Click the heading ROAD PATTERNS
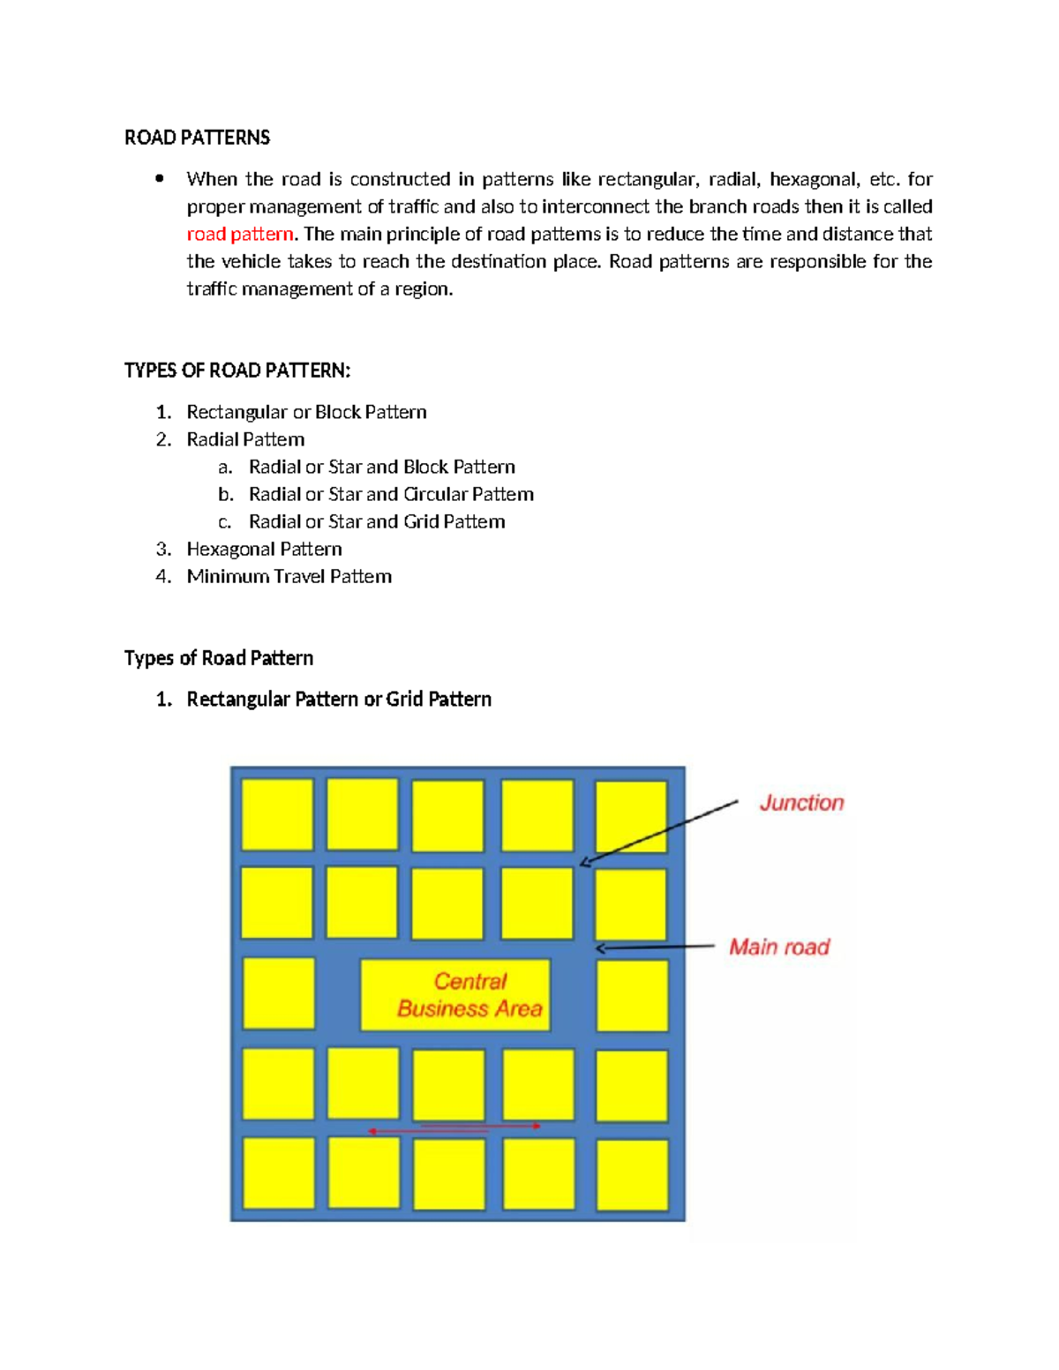point(197,138)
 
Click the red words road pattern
point(239,235)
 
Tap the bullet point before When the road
point(160,179)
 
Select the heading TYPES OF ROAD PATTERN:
point(237,371)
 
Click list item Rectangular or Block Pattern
point(306,412)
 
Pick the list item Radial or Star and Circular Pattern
point(391,494)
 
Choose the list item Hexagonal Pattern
point(264,549)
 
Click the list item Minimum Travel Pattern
point(289,576)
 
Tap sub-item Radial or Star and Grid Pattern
point(377,521)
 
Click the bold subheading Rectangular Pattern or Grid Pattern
point(339,699)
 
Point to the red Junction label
point(801,803)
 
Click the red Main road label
point(779,947)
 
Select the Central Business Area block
point(455,995)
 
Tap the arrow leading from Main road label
point(655,947)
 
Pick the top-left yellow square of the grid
point(277,814)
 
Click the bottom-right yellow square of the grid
point(632,1174)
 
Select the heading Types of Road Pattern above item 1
point(219,658)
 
